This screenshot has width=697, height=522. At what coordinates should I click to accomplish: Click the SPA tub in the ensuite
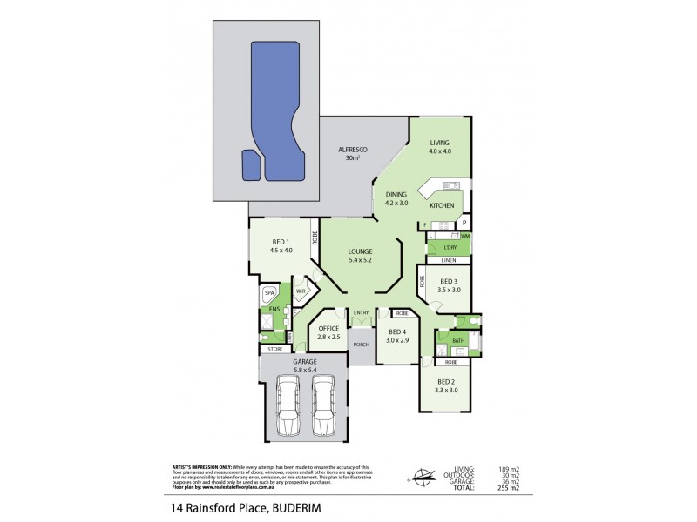pos(269,294)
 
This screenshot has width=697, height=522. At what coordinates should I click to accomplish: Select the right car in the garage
pos(322,407)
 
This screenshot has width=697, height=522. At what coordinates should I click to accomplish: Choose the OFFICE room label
pos(328,328)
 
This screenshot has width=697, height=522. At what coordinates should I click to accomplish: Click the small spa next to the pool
pos(251,164)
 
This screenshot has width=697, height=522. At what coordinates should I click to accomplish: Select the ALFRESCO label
pos(353,151)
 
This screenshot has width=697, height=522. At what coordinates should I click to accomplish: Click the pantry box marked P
pos(464,223)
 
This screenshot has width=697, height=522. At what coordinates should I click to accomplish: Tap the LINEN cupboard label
pos(449,260)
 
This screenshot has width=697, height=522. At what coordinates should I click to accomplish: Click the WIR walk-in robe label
pos(301,291)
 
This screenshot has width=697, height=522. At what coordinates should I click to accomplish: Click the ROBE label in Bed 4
pos(402,313)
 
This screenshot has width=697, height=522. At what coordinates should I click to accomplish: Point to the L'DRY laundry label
pos(449,247)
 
